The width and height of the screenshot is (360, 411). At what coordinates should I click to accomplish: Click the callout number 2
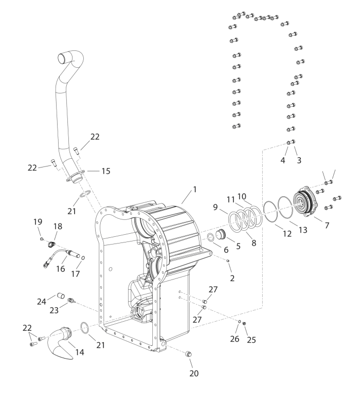pyautogui.click(x=232, y=278)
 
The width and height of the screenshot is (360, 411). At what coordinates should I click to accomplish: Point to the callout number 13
pyautogui.click(x=303, y=230)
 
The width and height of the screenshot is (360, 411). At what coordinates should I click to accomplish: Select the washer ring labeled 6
pyautogui.click(x=211, y=237)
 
